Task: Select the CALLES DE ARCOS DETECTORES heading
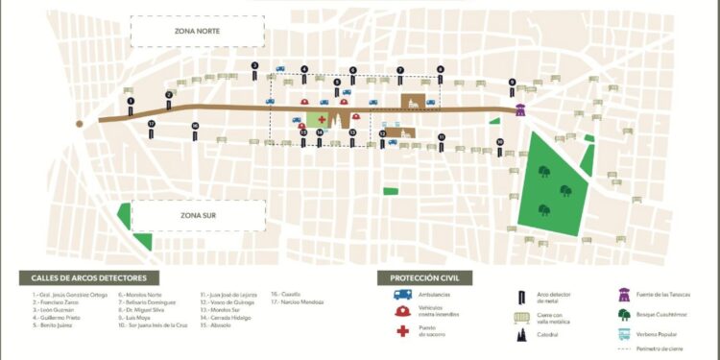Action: (x=83, y=277)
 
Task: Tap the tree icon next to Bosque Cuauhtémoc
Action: (x=625, y=314)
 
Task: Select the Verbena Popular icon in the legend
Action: (x=625, y=335)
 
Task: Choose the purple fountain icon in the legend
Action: (x=625, y=294)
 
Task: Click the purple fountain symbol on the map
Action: (x=520, y=108)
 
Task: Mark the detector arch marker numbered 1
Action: (x=130, y=101)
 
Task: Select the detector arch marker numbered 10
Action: (x=500, y=147)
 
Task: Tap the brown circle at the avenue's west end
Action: (x=80, y=123)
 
